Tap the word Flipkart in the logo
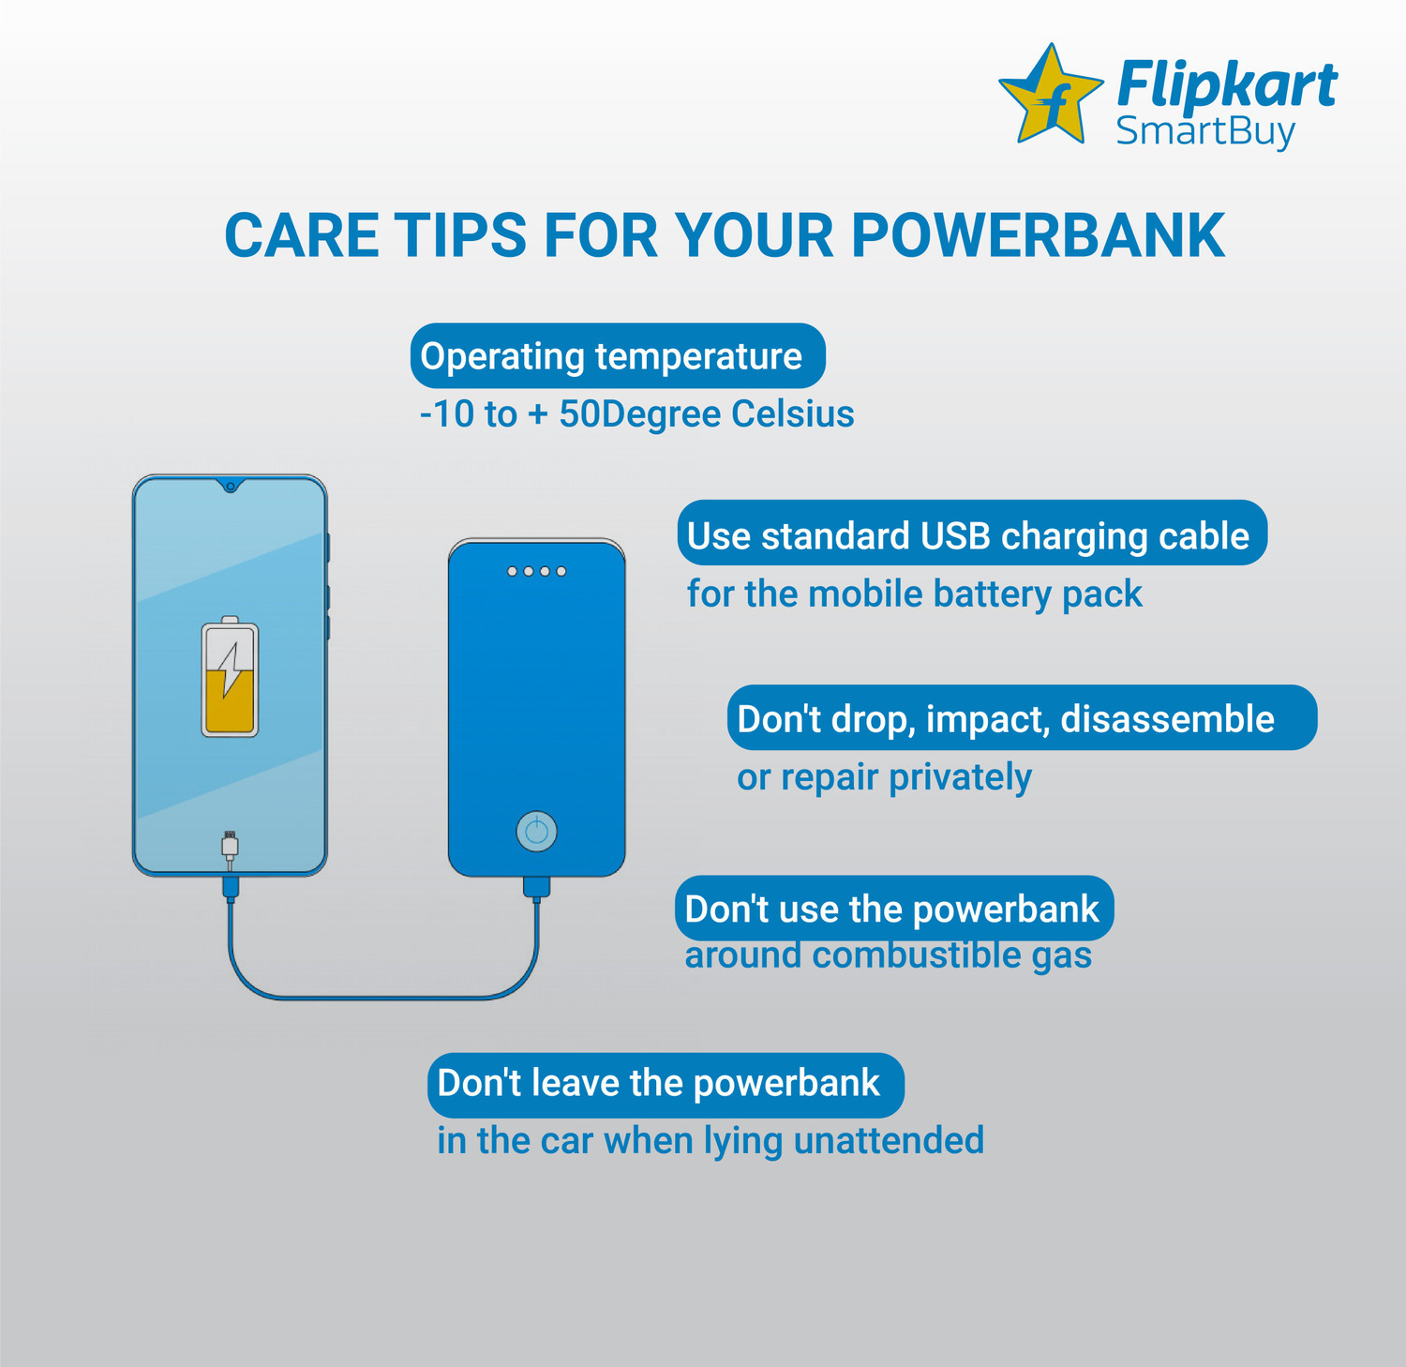pyautogui.click(x=1227, y=85)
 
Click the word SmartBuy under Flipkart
pyautogui.click(x=1205, y=131)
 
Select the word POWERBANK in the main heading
pyautogui.click(x=1038, y=235)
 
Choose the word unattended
pyautogui.click(x=889, y=1141)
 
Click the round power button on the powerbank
pyautogui.click(x=536, y=831)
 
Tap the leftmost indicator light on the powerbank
pyautogui.click(x=512, y=571)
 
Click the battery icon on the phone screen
pyautogui.click(x=230, y=676)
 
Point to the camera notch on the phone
pyautogui.click(x=230, y=486)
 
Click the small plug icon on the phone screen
pyautogui.click(x=230, y=846)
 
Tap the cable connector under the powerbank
pyautogui.click(x=536, y=886)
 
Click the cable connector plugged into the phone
pyautogui.click(x=231, y=887)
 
